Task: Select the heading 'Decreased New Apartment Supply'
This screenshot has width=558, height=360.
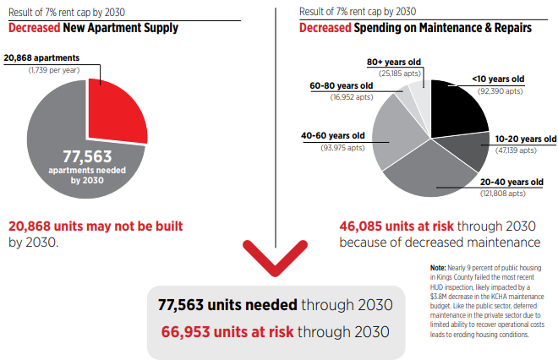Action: click(93, 28)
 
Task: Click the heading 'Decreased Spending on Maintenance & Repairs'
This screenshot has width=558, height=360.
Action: click(415, 28)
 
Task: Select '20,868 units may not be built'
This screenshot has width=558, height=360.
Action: click(96, 227)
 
